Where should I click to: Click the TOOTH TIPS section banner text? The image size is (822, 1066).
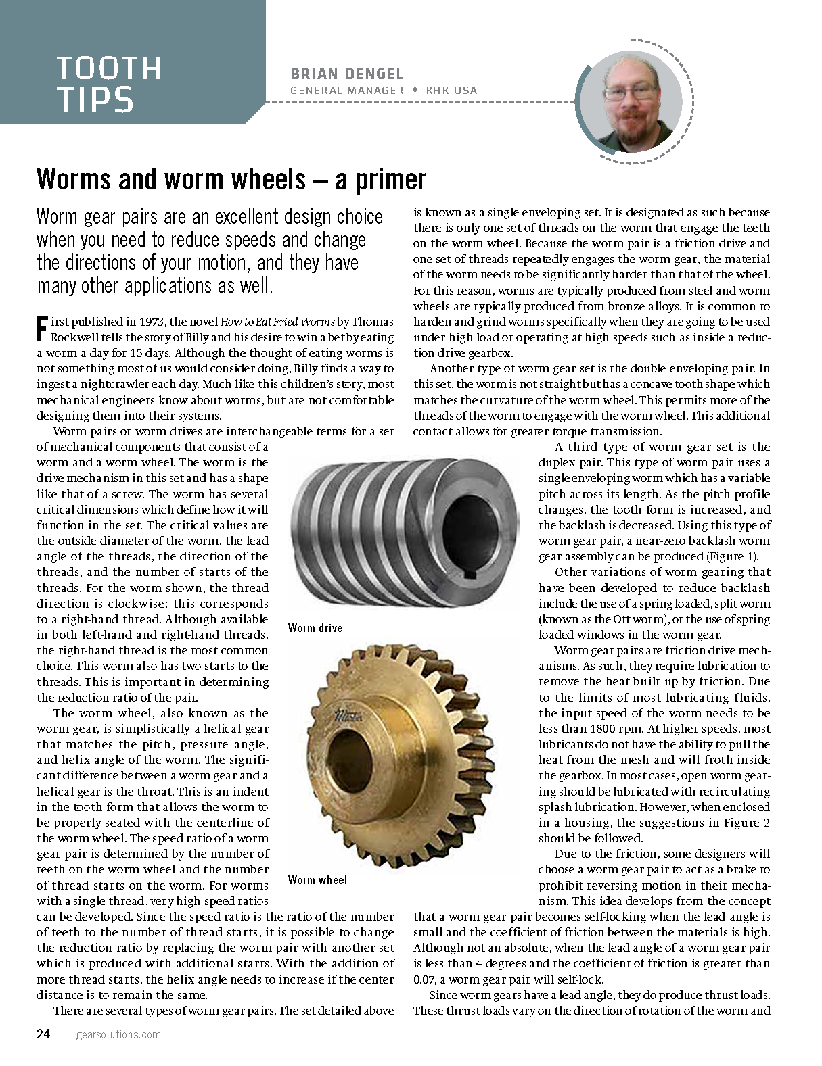(108, 84)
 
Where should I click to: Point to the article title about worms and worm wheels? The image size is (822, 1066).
(231, 179)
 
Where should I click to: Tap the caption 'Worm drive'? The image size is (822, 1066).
(315, 628)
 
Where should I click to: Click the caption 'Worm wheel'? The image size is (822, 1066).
(317, 879)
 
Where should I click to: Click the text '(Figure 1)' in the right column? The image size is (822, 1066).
(733, 556)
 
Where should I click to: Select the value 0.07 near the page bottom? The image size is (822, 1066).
(425, 979)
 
